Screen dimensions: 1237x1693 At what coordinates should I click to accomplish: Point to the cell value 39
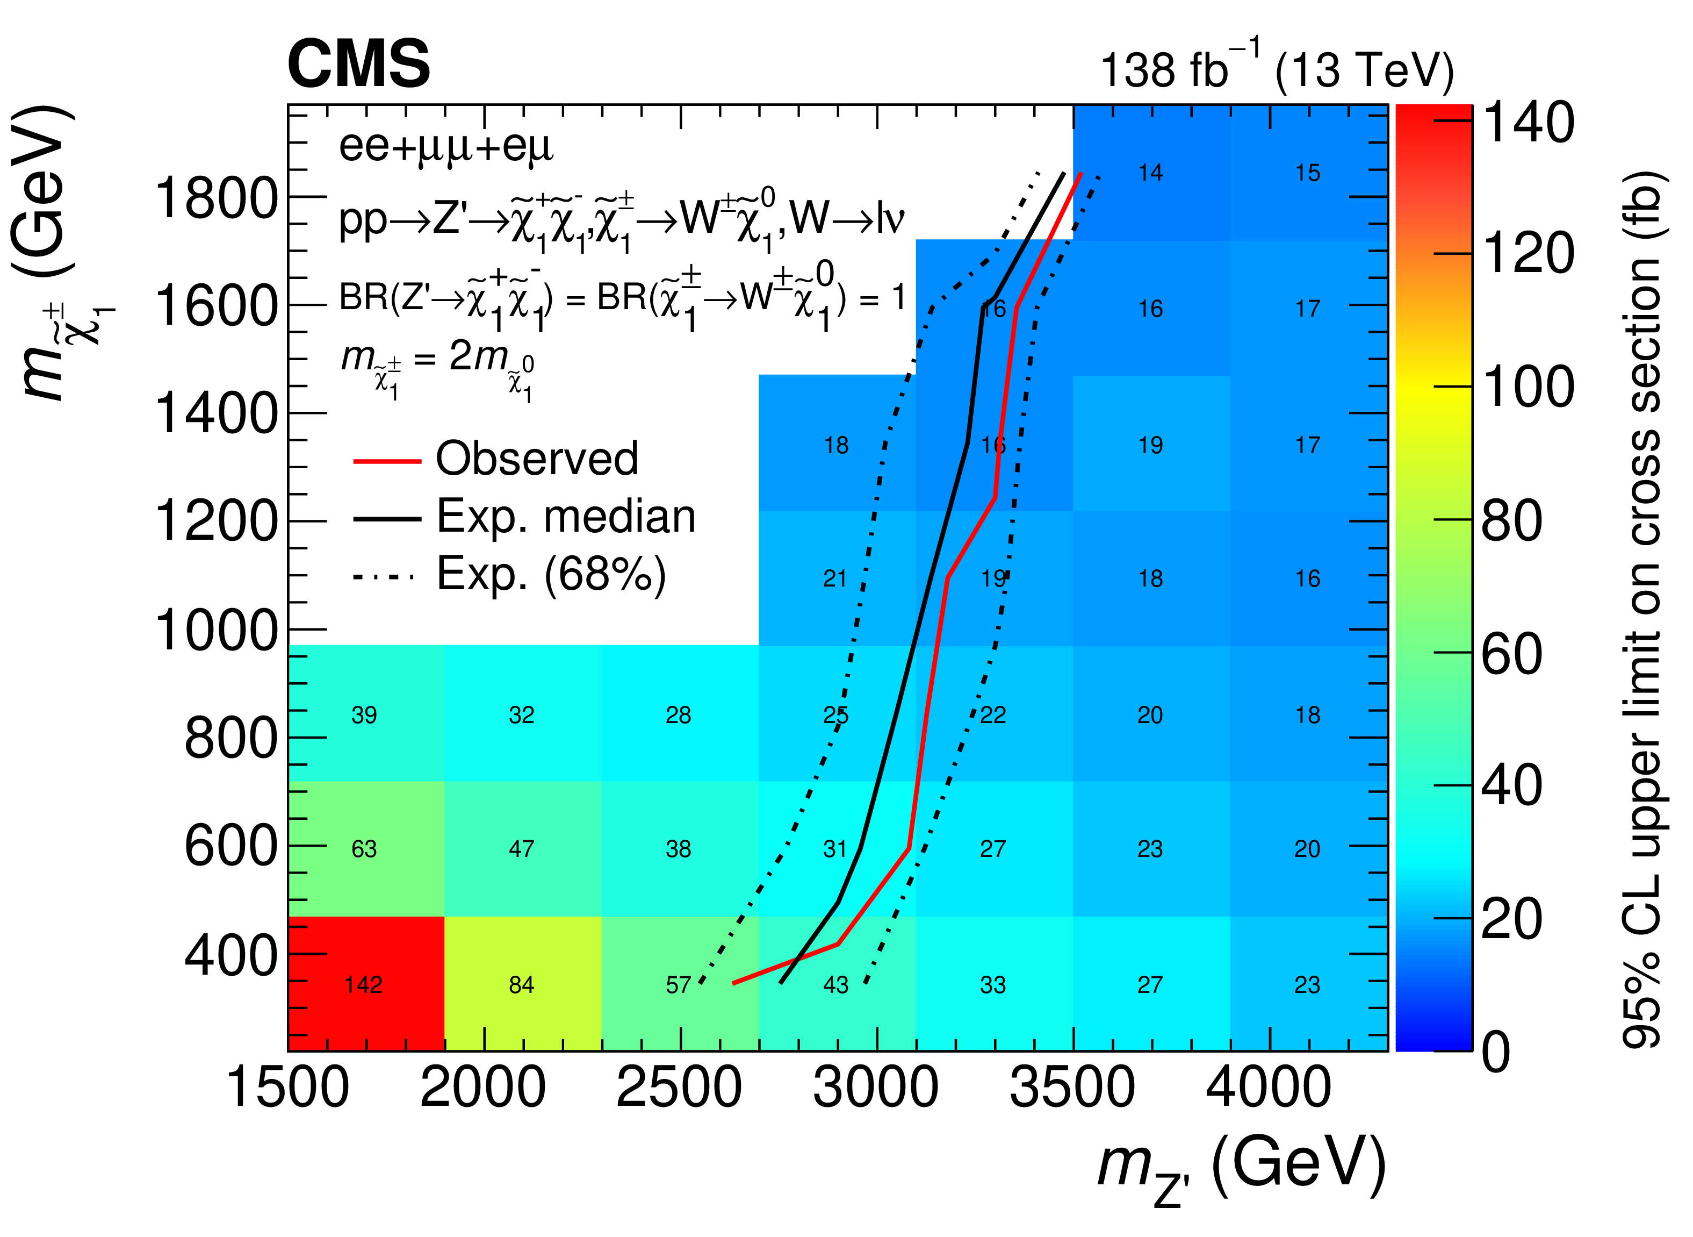[364, 714]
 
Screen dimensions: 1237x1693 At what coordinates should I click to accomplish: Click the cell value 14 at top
[1150, 173]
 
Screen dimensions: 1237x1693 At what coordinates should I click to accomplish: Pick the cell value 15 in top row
[1308, 173]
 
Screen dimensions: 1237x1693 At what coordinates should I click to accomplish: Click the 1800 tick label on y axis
[215, 199]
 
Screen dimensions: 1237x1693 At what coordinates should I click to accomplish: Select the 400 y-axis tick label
[230, 955]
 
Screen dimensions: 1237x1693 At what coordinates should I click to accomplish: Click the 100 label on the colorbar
[1528, 387]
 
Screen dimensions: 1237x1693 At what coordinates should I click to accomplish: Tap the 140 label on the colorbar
[1528, 122]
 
